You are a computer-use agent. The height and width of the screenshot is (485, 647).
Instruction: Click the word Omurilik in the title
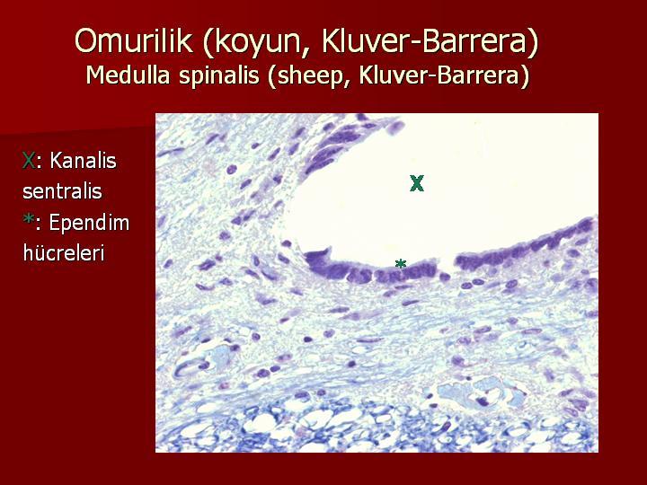point(134,40)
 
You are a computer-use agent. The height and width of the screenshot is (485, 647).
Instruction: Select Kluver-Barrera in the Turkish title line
point(424,40)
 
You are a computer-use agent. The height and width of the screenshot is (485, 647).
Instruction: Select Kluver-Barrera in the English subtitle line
point(439,75)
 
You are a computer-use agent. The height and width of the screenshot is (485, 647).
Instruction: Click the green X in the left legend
point(29,160)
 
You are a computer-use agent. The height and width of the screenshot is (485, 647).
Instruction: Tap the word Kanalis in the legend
point(83,160)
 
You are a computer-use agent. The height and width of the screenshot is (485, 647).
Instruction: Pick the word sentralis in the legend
point(62,191)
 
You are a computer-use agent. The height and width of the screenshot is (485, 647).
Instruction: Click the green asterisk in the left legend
point(28,220)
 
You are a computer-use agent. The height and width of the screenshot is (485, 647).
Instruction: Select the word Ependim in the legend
point(89,224)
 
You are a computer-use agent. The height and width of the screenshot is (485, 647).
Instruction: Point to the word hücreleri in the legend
point(64,252)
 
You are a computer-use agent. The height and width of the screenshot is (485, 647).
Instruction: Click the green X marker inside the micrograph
point(417,183)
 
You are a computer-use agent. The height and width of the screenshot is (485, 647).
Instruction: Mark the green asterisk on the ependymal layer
point(400,263)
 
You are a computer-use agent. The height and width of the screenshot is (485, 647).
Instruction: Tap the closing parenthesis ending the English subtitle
point(524,76)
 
